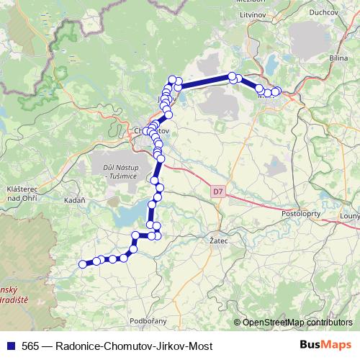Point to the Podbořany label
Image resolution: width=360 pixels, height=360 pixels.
pos(148,320)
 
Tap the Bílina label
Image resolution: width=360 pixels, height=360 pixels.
pos(338,56)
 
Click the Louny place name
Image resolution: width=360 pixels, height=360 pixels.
pos(349,215)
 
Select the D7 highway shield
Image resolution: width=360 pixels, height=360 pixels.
pos(218,192)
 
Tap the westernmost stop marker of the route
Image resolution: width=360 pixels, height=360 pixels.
pos(82,264)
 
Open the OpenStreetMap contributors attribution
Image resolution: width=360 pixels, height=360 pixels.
pos(297,323)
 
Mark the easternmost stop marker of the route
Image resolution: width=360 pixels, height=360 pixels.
pos(277,91)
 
